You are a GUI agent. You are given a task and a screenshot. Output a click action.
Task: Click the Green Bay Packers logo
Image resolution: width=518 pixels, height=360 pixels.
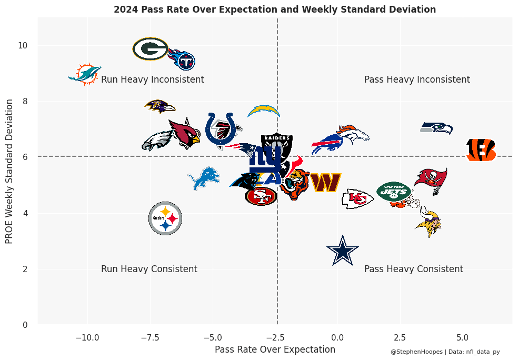click(x=151, y=49)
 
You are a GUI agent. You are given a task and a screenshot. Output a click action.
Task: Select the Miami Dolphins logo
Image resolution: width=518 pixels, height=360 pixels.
click(x=85, y=75)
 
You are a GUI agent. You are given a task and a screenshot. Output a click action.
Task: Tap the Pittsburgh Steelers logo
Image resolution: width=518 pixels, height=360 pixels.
click(x=165, y=218)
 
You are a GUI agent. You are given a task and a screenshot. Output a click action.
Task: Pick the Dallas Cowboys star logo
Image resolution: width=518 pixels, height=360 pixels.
click(x=343, y=251)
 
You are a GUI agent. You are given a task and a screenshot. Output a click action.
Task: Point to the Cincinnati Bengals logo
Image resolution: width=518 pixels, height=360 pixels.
click(x=481, y=150)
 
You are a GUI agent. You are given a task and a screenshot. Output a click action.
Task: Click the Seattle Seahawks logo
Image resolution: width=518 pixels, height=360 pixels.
click(x=436, y=128)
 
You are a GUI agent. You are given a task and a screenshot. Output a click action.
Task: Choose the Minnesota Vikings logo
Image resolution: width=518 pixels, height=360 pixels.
click(x=429, y=222)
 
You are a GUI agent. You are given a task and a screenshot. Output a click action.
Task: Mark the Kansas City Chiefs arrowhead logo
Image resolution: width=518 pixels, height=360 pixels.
click(x=357, y=199)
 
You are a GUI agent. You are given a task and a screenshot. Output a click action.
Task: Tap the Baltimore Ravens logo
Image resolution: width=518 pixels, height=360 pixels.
click(x=160, y=106)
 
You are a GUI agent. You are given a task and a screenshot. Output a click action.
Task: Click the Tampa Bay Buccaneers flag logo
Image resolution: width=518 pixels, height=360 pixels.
click(x=431, y=180)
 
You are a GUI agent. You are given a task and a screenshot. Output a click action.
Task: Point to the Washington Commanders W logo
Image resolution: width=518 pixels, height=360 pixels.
click(x=325, y=183)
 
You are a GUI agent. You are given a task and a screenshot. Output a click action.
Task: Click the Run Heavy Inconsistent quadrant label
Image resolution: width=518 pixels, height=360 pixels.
click(x=153, y=80)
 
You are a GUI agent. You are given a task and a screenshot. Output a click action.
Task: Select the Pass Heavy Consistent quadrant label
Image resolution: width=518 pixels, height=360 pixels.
click(x=414, y=269)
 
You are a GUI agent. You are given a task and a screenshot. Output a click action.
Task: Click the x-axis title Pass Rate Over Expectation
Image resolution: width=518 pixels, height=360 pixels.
click(x=275, y=349)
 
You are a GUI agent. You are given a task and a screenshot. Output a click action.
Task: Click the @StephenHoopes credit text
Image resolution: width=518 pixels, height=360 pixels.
click(x=416, y=352)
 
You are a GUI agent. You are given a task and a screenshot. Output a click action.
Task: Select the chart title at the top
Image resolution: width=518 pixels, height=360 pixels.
click(x=275, y=9)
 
